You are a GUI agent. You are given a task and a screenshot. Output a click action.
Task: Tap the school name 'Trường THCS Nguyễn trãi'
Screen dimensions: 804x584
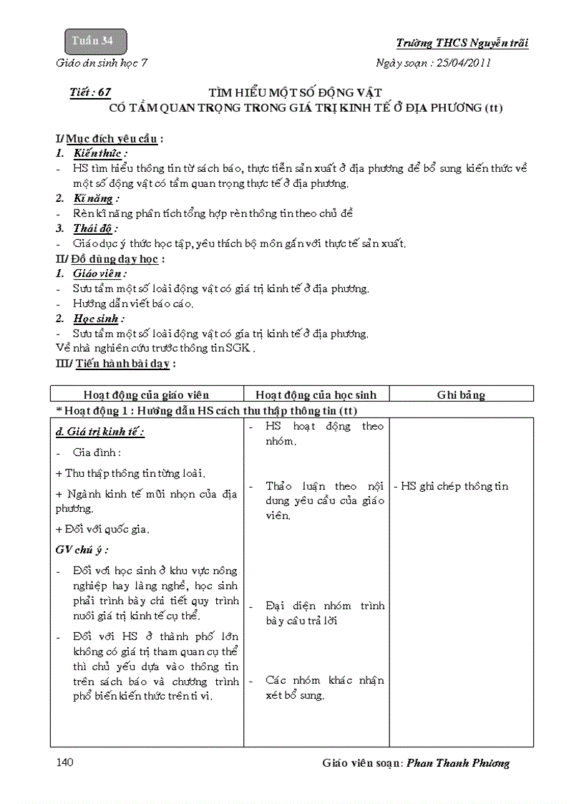[462, 43]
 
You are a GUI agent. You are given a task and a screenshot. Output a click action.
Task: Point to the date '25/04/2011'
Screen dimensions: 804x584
[463, 62]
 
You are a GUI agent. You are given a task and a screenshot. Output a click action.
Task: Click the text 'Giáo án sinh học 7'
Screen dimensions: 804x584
[102, 62]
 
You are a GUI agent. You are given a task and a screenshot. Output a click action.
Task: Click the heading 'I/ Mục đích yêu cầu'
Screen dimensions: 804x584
[107, 138]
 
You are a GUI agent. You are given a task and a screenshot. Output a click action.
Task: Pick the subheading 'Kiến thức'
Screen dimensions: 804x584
[100, 153]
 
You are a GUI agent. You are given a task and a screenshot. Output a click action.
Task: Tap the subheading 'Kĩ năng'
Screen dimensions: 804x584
[96, 198]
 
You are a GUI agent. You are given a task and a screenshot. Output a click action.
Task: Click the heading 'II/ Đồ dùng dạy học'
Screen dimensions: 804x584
[110, 258]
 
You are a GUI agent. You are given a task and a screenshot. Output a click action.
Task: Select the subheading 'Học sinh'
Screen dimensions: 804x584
[98, 319]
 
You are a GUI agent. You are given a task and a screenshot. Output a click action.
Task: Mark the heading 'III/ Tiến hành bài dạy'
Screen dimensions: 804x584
[115, 363]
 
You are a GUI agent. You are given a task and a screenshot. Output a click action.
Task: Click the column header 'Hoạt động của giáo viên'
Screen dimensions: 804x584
[146, 394]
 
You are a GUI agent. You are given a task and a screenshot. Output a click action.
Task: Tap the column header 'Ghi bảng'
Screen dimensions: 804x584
[461, 394]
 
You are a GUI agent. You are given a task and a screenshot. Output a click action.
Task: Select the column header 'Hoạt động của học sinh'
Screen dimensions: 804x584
[316, 394]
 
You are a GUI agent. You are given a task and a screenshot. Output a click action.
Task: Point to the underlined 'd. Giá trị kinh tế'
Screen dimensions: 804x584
[99, 432]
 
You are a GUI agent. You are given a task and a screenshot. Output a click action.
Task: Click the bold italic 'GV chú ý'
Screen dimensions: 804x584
[82, 550]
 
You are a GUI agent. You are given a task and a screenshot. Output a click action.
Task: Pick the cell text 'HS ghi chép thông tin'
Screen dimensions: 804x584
[451, 486]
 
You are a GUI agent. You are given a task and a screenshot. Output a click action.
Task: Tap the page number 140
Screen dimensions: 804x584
[64, 762]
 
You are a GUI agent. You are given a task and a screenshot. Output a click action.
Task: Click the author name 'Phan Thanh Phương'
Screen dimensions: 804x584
[458, 763]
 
